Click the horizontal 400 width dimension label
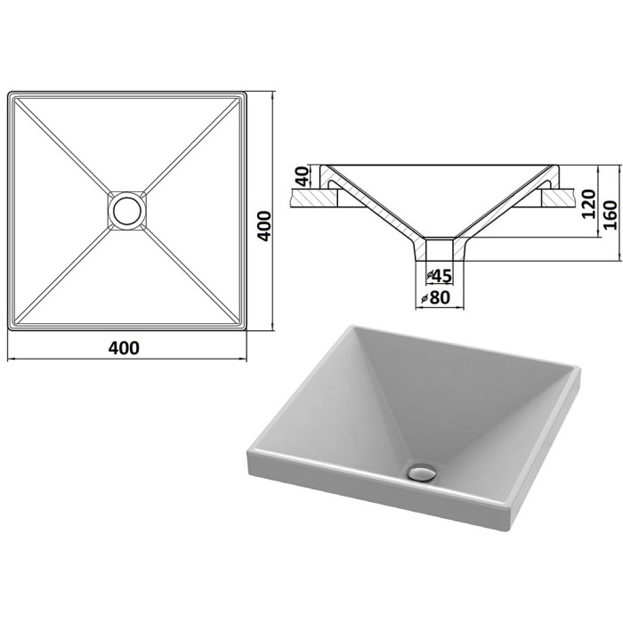[x=124, y=348]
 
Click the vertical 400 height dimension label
[x=264, y=226]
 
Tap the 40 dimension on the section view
[x=303, y=176]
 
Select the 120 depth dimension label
[x=588, y=204]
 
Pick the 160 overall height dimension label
[x=611, y=215]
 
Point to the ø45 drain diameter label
[x=440, y=276]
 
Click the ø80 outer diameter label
[x=436, y=297]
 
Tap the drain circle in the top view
[x=127, y=211]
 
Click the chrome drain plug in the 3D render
[x=422, y=473]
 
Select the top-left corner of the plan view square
[x=8, y=93]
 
